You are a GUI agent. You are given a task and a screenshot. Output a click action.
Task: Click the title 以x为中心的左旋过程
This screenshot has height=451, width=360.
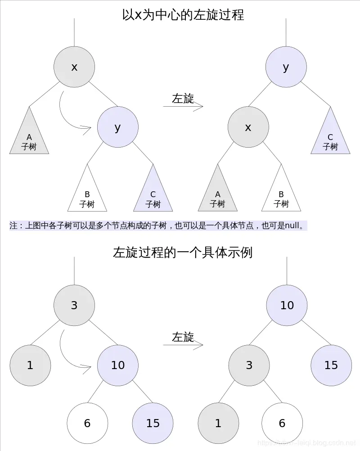click(183, 15)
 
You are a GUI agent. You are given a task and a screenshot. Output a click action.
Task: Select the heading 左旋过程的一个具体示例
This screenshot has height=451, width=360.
click(183, 252)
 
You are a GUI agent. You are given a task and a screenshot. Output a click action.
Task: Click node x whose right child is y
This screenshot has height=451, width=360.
click(74, 67)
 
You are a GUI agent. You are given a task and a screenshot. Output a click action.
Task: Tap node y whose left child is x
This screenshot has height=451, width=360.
click(286, 67)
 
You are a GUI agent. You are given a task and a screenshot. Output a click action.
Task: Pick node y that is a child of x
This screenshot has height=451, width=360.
click(117, 127)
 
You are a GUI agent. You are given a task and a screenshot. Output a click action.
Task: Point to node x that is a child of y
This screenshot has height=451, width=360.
click(248, 127)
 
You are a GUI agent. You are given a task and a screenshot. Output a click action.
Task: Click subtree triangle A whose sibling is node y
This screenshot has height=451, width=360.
click(29, 140)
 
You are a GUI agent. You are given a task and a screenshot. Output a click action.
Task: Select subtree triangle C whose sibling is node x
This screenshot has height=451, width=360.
click(330, 140)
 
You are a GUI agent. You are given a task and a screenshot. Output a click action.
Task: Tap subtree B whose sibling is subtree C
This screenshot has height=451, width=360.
click(87, 197)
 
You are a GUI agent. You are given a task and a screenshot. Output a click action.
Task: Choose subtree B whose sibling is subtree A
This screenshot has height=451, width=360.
click(281, 197)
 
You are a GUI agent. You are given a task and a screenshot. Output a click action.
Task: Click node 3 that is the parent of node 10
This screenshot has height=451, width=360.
click(74, 305)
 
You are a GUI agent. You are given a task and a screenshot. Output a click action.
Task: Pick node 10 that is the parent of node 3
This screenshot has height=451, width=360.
click(287, 305)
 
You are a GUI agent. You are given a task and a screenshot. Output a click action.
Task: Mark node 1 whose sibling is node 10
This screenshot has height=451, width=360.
click(30, 365)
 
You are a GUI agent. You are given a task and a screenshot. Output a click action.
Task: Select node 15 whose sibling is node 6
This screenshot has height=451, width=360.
click(153, 423)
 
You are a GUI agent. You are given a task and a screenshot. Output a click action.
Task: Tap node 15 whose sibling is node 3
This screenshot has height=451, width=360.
click(331, 365)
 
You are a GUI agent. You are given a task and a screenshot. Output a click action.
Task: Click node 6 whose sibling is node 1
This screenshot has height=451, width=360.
click(282, 423)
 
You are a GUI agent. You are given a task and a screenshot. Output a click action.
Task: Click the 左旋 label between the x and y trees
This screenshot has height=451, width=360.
click(183, 99)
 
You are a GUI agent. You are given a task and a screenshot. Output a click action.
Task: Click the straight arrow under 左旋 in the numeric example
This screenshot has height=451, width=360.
click(183, 345)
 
